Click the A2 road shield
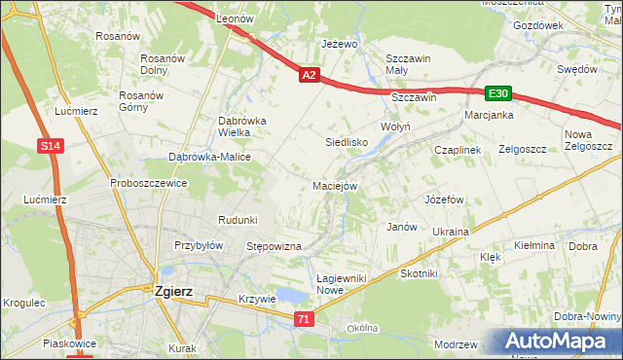(309, 75)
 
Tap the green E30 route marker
(498, 93)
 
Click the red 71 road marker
(305, 319)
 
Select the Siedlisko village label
(346, 142)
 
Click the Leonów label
(235, 19)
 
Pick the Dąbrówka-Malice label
(210, 157)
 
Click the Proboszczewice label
(148, 183)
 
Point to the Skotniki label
(420, 274)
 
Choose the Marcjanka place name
(489, 115)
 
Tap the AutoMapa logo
(556, 341)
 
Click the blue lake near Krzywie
(290, 295)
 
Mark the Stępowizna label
(274, 247)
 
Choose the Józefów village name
(442, 199)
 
